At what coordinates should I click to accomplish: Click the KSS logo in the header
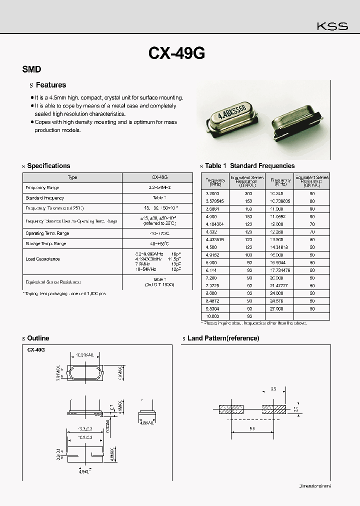[x=332, y=26]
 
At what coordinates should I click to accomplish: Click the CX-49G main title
[x=176, y=53]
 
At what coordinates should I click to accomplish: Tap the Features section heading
[x=50, y=85]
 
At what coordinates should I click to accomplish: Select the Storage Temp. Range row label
[x=45, y=243]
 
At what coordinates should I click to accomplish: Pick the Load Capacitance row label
[x=42, y=259]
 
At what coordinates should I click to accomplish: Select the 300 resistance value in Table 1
[x=248, y=193]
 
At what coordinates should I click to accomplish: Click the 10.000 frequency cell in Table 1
[x=213, y=316]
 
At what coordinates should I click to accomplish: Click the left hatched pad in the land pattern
[x=230, y=409]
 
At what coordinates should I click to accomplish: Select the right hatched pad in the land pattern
[x=274, y=409]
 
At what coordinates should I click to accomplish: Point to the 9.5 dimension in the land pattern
[x=252, y=428]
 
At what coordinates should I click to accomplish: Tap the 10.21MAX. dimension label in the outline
[x=85, y=355]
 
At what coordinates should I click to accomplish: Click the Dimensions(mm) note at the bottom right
[x=314, y=485]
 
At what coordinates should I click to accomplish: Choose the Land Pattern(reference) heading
[x=223, y=338]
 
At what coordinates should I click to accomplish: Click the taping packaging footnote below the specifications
[x=64, y=293]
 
